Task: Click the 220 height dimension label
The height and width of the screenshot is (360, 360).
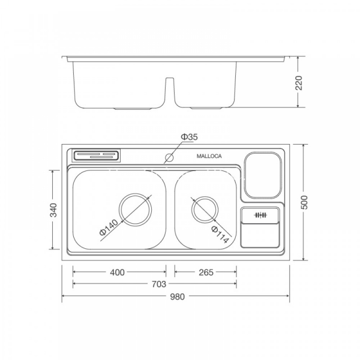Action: (299, 83)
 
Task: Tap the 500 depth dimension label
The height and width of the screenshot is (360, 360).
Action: (304, 202)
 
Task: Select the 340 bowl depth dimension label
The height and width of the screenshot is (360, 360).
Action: (53, 210)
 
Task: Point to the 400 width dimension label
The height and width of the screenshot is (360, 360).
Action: (117, 272)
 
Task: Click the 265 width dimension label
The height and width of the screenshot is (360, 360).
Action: (206, 272)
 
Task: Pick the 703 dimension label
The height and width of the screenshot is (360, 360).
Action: (159, 284)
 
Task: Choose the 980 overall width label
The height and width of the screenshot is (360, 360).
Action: (177, 297)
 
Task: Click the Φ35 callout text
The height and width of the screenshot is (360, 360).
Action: (189, 137)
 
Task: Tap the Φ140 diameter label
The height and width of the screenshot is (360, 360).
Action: (108, 227)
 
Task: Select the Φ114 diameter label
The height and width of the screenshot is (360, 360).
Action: (220, 234)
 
